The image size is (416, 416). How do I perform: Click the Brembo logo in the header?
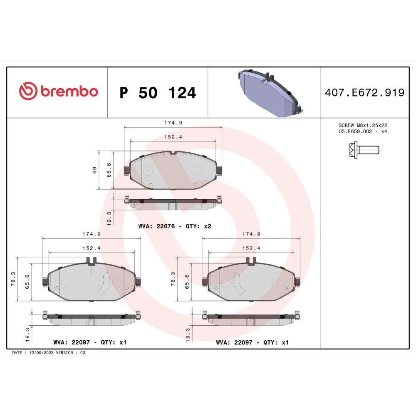[59, 91]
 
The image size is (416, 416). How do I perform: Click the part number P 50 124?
[158, 93]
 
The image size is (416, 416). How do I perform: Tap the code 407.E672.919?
[364, 93]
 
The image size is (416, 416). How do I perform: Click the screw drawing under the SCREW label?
[364, 150]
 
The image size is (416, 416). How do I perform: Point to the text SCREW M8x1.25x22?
[363, 125]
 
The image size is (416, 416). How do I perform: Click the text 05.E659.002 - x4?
[363, 131]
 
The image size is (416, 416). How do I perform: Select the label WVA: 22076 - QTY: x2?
[175, 226]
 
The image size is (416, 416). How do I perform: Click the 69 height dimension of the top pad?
[95, 170]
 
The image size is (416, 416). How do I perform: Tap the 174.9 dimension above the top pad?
[173, 123]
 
